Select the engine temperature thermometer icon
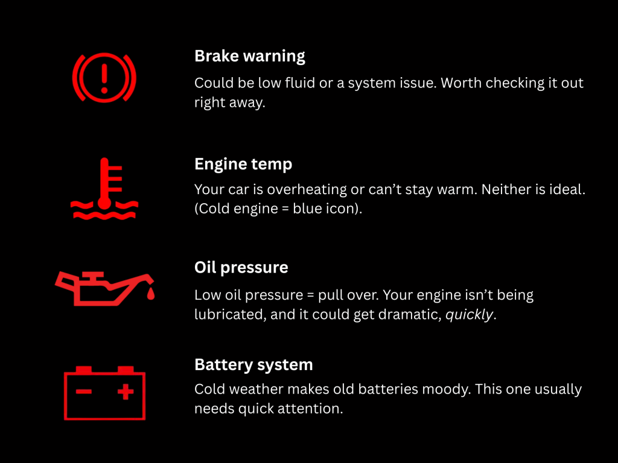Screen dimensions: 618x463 click(x=104, y=189)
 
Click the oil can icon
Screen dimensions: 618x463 click(x=104, y=289)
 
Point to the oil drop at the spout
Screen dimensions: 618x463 click(x=150, y=294)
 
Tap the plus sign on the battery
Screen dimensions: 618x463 click(x=126, y=391)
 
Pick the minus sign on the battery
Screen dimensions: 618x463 click(x=84, y=391)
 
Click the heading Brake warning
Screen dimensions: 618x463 click(x=249, y=56)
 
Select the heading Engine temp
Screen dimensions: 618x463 click(x=243, y=164)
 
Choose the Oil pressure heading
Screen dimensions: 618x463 click(x=241, y=268)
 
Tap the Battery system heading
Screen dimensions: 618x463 click(x=253, y=365)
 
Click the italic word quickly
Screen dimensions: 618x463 click(x=469, y=315)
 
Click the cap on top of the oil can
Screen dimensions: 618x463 click(x=93, y=275)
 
